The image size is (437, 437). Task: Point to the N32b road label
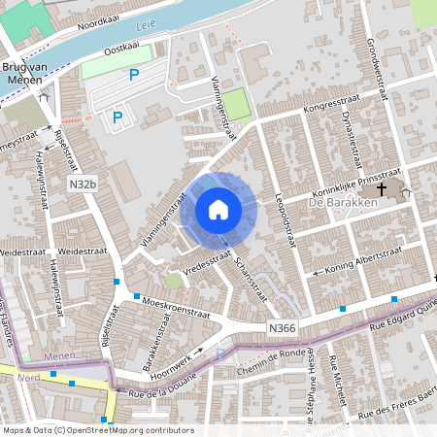pyautogui.click(x=83, y=183)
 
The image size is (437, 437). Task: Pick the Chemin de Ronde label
pyautogui.click(x=269, y=372)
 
